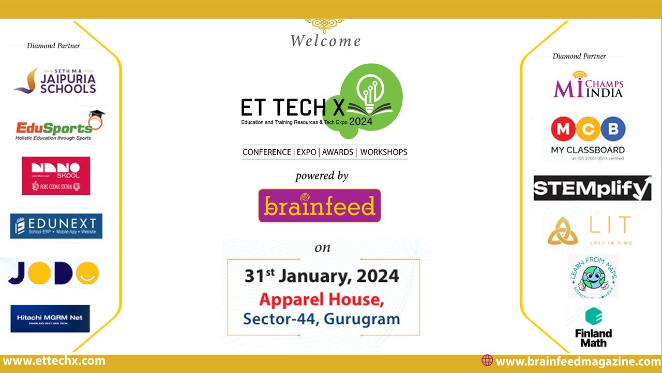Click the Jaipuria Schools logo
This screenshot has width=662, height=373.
(x=55, y=81)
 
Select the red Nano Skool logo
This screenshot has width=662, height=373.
(x=56, y=176)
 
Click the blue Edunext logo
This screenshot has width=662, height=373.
(x=56, y=226)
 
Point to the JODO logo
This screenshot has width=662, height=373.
(x=53, y=273)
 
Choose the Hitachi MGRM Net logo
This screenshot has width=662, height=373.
(x=50, y=318)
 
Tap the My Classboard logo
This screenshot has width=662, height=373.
(x=588, y=138)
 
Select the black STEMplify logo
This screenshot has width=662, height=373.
(x=592, y=188)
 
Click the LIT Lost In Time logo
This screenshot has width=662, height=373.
(x=590, y=231)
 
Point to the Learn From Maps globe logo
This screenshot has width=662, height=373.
(x=593, y=276)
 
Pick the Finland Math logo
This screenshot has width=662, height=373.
(x=593, y=327)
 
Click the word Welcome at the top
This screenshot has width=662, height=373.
(x=325, y=41)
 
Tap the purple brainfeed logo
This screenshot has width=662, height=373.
(x=320, y=206)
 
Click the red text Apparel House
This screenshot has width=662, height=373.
(x=322, y=299)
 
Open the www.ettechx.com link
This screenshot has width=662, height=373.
(x=54, y=361)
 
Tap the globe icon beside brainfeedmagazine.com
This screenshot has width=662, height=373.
(x=487, y=361)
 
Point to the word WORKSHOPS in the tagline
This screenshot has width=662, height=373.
(x=384, y=152)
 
